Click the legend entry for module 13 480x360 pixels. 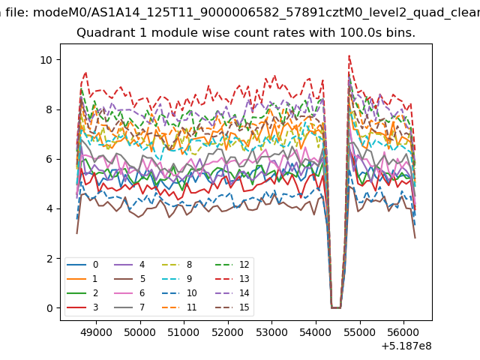pos(232,278)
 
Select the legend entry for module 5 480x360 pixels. pos(130,278)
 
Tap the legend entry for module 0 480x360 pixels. pos(82,265)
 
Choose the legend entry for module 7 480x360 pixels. pos(130,307)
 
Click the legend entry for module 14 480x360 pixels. pos(232,293)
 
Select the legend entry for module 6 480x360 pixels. pos(130,293)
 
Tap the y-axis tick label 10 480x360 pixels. pos(46,60)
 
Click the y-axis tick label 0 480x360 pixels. pos(49,308)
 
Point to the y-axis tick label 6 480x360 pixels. pos(49,159)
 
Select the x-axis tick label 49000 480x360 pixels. pos(97,332)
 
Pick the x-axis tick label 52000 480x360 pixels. pos(228,332)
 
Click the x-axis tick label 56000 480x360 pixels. pos(403,332)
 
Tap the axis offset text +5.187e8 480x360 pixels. pos(406,346)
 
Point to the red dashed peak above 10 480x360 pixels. pos(349,55)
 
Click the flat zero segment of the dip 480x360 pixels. pos(336,307)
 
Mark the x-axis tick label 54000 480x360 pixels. pos(316,332)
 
